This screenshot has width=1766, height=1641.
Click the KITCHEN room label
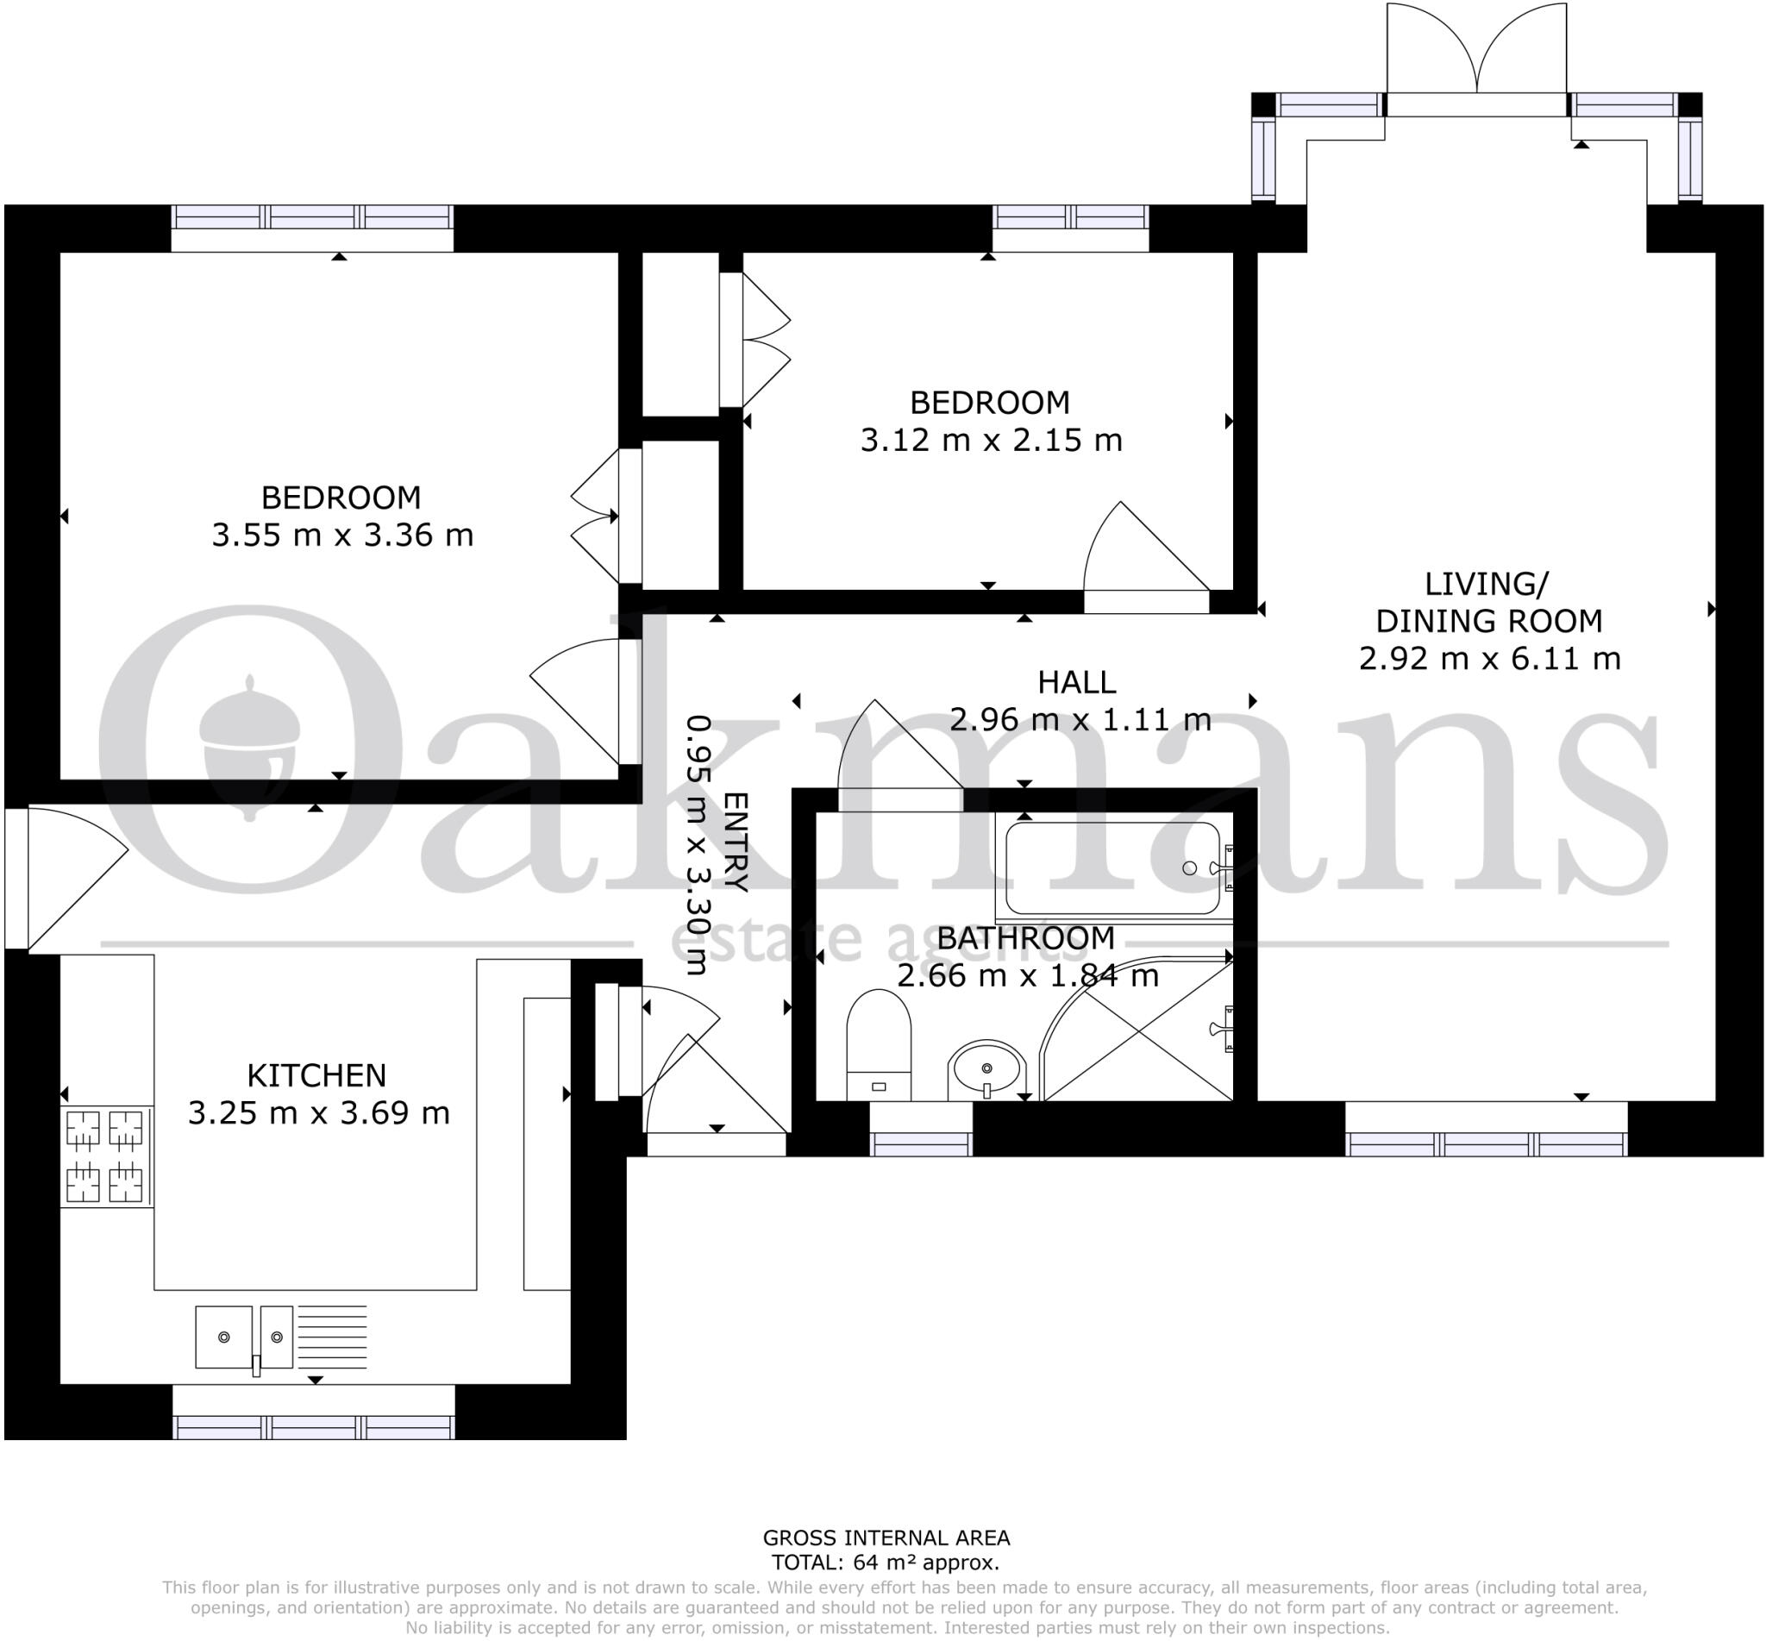pyautogui.click(x=316, y=1075)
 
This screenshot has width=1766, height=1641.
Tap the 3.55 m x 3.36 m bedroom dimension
pyautogui.click(x=341, y=536)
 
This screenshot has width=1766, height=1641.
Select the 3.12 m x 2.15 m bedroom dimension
pyautogui.click(x=991, y=441)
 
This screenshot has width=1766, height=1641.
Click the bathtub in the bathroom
pyautogui.click(x=1112, y=867)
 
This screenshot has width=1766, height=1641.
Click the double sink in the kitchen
pyautogui.click(x=244, y=1337)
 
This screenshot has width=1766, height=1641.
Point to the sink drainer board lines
pyautogui.click(x=331, y=1336)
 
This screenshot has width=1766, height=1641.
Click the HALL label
pyautogui.click(x=1076, y=683)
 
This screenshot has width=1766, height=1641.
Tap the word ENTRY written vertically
pyautogui.click(x=736, y=841)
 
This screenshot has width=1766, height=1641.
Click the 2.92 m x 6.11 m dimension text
pyautogui.click(x=1489, y=659)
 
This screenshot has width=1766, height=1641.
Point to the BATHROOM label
pyautogui.click(x=1025, y=937)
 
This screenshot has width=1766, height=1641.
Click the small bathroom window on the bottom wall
pyautogui.click(x=921, y=1144)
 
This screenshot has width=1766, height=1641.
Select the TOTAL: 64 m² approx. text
pyautogui.click(x=886, y=1562)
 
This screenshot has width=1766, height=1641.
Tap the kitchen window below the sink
pyautogui.click(x=315, y=1427)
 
